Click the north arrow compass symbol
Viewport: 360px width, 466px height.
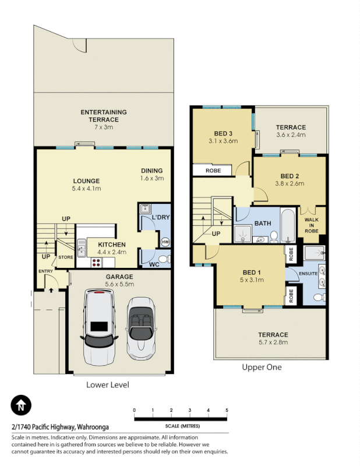click(21, 405)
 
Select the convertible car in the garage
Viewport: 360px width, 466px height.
click(142, 327)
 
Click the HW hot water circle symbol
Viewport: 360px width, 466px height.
click(164, 241)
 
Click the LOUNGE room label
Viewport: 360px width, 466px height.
click(86, 181)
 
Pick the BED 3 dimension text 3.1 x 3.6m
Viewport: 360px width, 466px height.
click(224, 141)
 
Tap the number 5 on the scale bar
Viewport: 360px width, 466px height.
click(227, 411)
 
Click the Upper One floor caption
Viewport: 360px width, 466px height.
click(262, 367)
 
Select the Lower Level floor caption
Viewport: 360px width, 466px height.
click(107, 384)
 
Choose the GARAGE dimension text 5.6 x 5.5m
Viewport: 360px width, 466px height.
click(119, 284)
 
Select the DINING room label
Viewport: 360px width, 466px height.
click(153, 171)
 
